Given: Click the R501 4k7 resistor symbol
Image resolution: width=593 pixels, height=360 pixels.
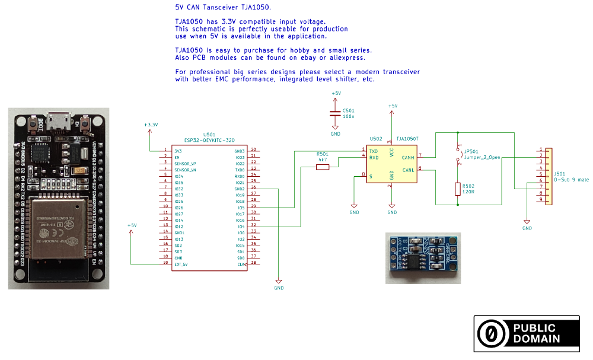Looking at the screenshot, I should point(323,167).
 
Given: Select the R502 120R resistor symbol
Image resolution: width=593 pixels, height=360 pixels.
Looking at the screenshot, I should point(458,189).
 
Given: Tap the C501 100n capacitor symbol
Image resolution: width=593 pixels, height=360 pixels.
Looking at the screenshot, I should point(336,113).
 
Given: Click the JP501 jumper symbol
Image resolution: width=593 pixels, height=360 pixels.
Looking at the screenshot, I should point(458,153).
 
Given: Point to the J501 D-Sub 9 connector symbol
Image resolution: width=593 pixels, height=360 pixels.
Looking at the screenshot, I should point(549,176).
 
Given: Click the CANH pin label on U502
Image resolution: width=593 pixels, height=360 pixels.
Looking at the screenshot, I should point(407,158).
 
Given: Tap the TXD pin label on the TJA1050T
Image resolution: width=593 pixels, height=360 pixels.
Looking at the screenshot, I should point(374,152).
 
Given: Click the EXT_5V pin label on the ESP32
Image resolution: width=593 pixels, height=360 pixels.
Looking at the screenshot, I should point(181,264).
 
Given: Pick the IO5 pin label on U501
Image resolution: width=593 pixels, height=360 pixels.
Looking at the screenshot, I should point(241,208).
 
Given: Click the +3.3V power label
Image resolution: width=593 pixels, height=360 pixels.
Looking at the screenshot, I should point(151,125).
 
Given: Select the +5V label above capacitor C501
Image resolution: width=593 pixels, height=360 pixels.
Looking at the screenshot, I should point(336,94).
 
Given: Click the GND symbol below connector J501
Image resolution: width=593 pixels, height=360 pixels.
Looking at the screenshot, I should point(527,228).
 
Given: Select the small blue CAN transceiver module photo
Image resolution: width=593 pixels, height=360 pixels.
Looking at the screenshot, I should point(423,258).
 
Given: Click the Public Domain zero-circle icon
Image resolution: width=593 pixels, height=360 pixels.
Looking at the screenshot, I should point(492,334).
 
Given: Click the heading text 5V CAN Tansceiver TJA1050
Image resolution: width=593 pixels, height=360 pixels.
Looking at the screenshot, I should point(222,8).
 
